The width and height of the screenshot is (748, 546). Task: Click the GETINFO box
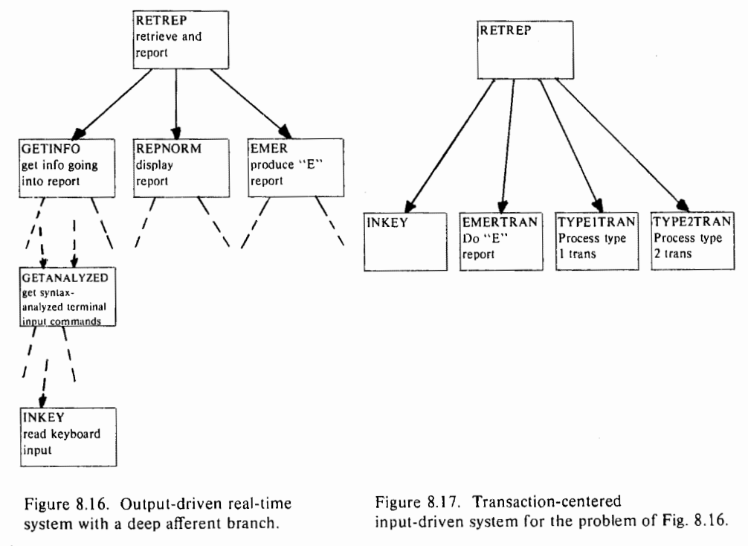coord(67,168)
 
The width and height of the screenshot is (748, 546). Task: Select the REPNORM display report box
coord(181,168)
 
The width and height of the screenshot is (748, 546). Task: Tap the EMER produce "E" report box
coord(296,167)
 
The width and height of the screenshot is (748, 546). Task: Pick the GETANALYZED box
coord(68,297)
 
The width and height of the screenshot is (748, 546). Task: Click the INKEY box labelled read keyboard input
coord(68,437)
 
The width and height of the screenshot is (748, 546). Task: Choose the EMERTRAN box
coord(501,242)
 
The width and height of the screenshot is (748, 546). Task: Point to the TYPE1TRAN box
coord(597,242)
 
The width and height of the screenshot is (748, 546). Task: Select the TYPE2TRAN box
coord(693,241)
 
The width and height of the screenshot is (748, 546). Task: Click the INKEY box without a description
coord(405,242)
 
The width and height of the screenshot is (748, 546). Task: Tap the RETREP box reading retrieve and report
coord(181,40)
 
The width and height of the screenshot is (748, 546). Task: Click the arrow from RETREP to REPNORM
coord(176,103)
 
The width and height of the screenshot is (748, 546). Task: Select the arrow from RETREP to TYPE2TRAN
coord(622,145)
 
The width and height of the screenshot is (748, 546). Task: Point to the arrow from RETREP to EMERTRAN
coord(508,146)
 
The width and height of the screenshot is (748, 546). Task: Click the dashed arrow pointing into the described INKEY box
coord(45,383)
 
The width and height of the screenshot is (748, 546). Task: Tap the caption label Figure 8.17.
coord(417,502)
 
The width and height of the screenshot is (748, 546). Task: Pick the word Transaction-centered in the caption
coord(547,501)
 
